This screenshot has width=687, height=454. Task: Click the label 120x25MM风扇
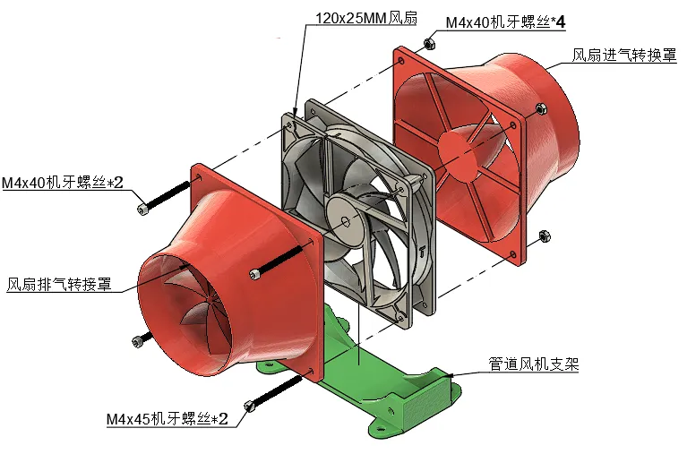click(x=366, y=18)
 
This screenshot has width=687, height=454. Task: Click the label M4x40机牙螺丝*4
click(x=505, y=22)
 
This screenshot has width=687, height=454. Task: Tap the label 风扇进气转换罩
click(x=624, y=56)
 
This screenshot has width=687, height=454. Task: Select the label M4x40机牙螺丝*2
click(x=63, y=182)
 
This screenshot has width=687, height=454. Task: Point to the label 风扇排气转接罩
click(x=59, y=285)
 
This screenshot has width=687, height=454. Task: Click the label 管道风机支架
click(x=534, y=364)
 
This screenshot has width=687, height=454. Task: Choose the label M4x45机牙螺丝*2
click(x=167, y=418)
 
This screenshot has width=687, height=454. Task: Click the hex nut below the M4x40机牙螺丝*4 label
click(x=429, y=43)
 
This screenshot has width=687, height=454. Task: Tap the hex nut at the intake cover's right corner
click(x=541, y=107)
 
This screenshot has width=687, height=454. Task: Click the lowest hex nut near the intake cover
click(x=545, y=236)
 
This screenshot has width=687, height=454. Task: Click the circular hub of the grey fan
click(x=346, y=221)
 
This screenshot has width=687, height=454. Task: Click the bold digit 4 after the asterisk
click(x=561, y=22)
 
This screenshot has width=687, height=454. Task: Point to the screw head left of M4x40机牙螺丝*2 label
click(x=142, y=209)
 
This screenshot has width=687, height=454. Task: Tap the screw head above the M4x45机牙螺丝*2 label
click(x=249, y=407)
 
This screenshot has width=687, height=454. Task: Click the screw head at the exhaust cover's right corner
click(x=255, y=274)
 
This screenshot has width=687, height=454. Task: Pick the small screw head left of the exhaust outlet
click(x=138, y=341)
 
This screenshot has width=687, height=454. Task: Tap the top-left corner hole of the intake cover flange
click(x=400, y=61)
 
